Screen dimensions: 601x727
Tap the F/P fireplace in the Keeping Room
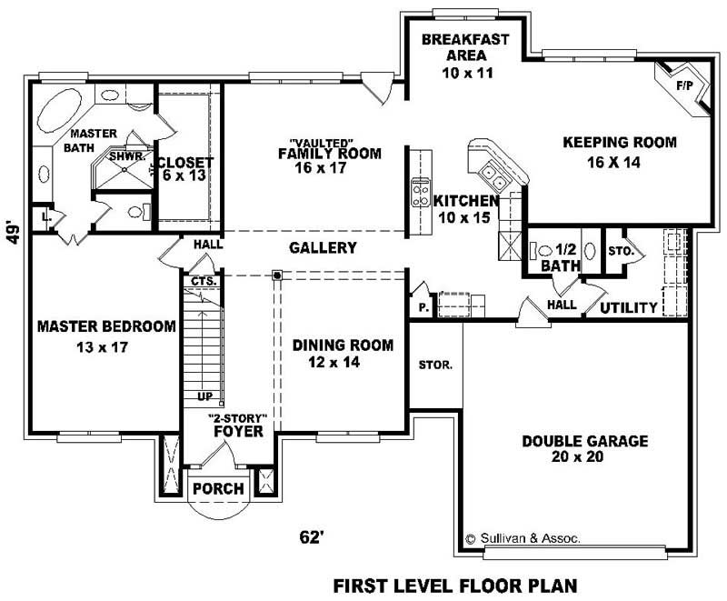(682, 86)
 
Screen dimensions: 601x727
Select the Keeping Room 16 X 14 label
(619, 151)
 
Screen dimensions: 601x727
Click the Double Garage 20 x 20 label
(584, 449)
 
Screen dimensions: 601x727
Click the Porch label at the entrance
(219, 489)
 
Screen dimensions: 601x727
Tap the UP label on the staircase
(205, 396)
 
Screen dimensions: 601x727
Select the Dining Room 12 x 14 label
(343, 354)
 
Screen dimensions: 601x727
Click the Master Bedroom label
(105, 336)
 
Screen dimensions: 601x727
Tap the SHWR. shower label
(124, 156)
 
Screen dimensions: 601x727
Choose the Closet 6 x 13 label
(184, 169)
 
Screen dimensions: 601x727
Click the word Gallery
(323, 247)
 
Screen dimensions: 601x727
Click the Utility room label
(628, 308)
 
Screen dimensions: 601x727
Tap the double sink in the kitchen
(492, 171)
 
